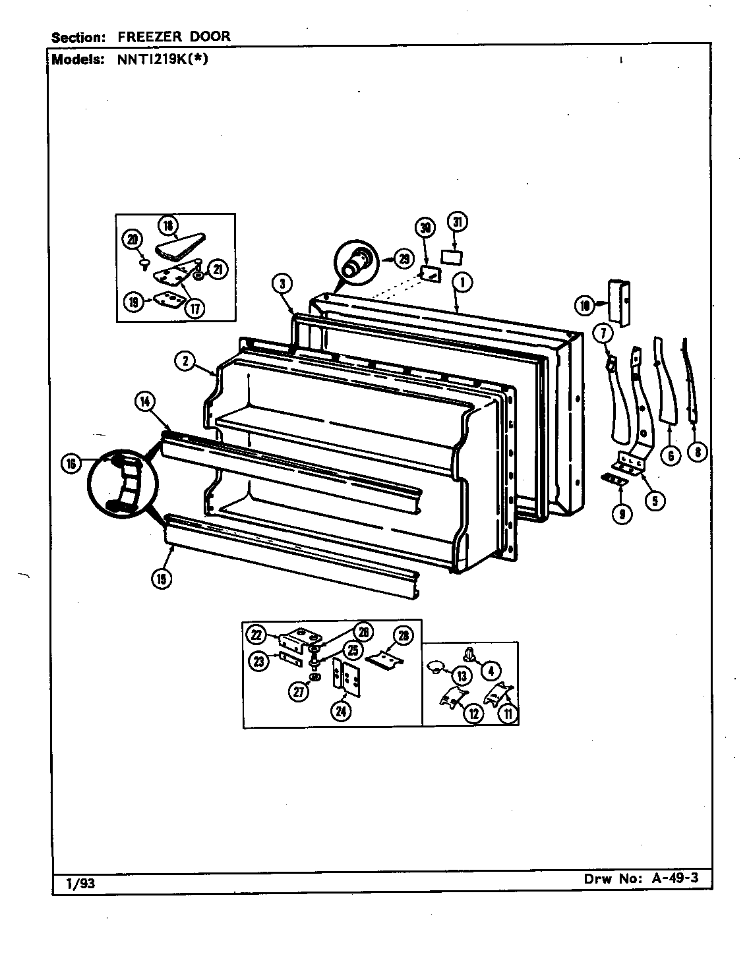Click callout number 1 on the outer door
(x=463, y=283)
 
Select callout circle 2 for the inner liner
(x=185, y=360)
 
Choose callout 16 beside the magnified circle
(x=71, y=464)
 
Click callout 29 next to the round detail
(x=404, y=259)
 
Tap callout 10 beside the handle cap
(x=584, y=304)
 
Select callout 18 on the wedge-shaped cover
(x=168, y=226)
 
